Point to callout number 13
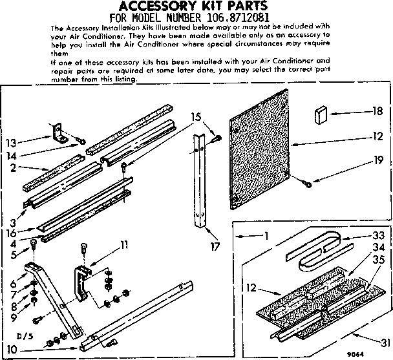click(19, 143)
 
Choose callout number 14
click(19, 156)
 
